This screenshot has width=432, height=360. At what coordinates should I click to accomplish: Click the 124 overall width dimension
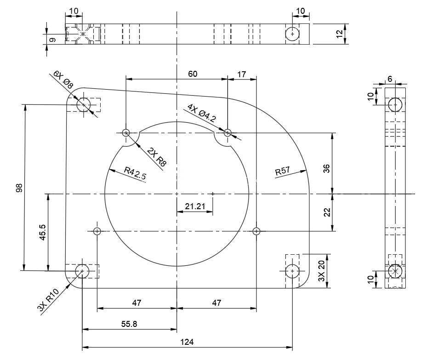[x=187, y=342]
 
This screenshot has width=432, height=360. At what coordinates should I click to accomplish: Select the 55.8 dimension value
[x=129, y=324]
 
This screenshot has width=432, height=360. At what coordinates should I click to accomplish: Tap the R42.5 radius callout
[x=135, y=174]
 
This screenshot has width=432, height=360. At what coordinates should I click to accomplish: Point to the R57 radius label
[x=283, y=171]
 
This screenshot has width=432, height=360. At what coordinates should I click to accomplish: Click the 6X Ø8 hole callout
[x=63, y=80]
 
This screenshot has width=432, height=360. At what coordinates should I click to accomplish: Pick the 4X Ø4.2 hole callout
[x=202, y=113]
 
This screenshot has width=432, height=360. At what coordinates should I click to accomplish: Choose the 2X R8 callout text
[x=157, y=157]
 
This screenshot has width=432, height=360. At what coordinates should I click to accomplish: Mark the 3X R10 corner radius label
[x=48, y=300]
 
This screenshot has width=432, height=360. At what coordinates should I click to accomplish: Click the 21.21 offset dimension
[x=195, y=206]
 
